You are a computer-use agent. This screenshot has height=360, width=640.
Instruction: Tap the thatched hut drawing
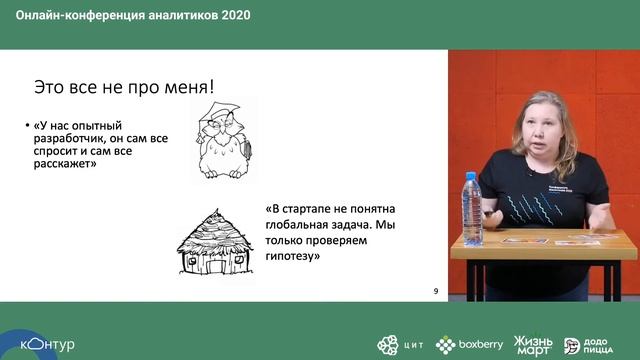(x=215, y=240)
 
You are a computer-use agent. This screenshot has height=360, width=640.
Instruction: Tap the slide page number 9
(x=436, y=290)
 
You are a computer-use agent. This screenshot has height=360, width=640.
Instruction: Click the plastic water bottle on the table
(x=472, y=210)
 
